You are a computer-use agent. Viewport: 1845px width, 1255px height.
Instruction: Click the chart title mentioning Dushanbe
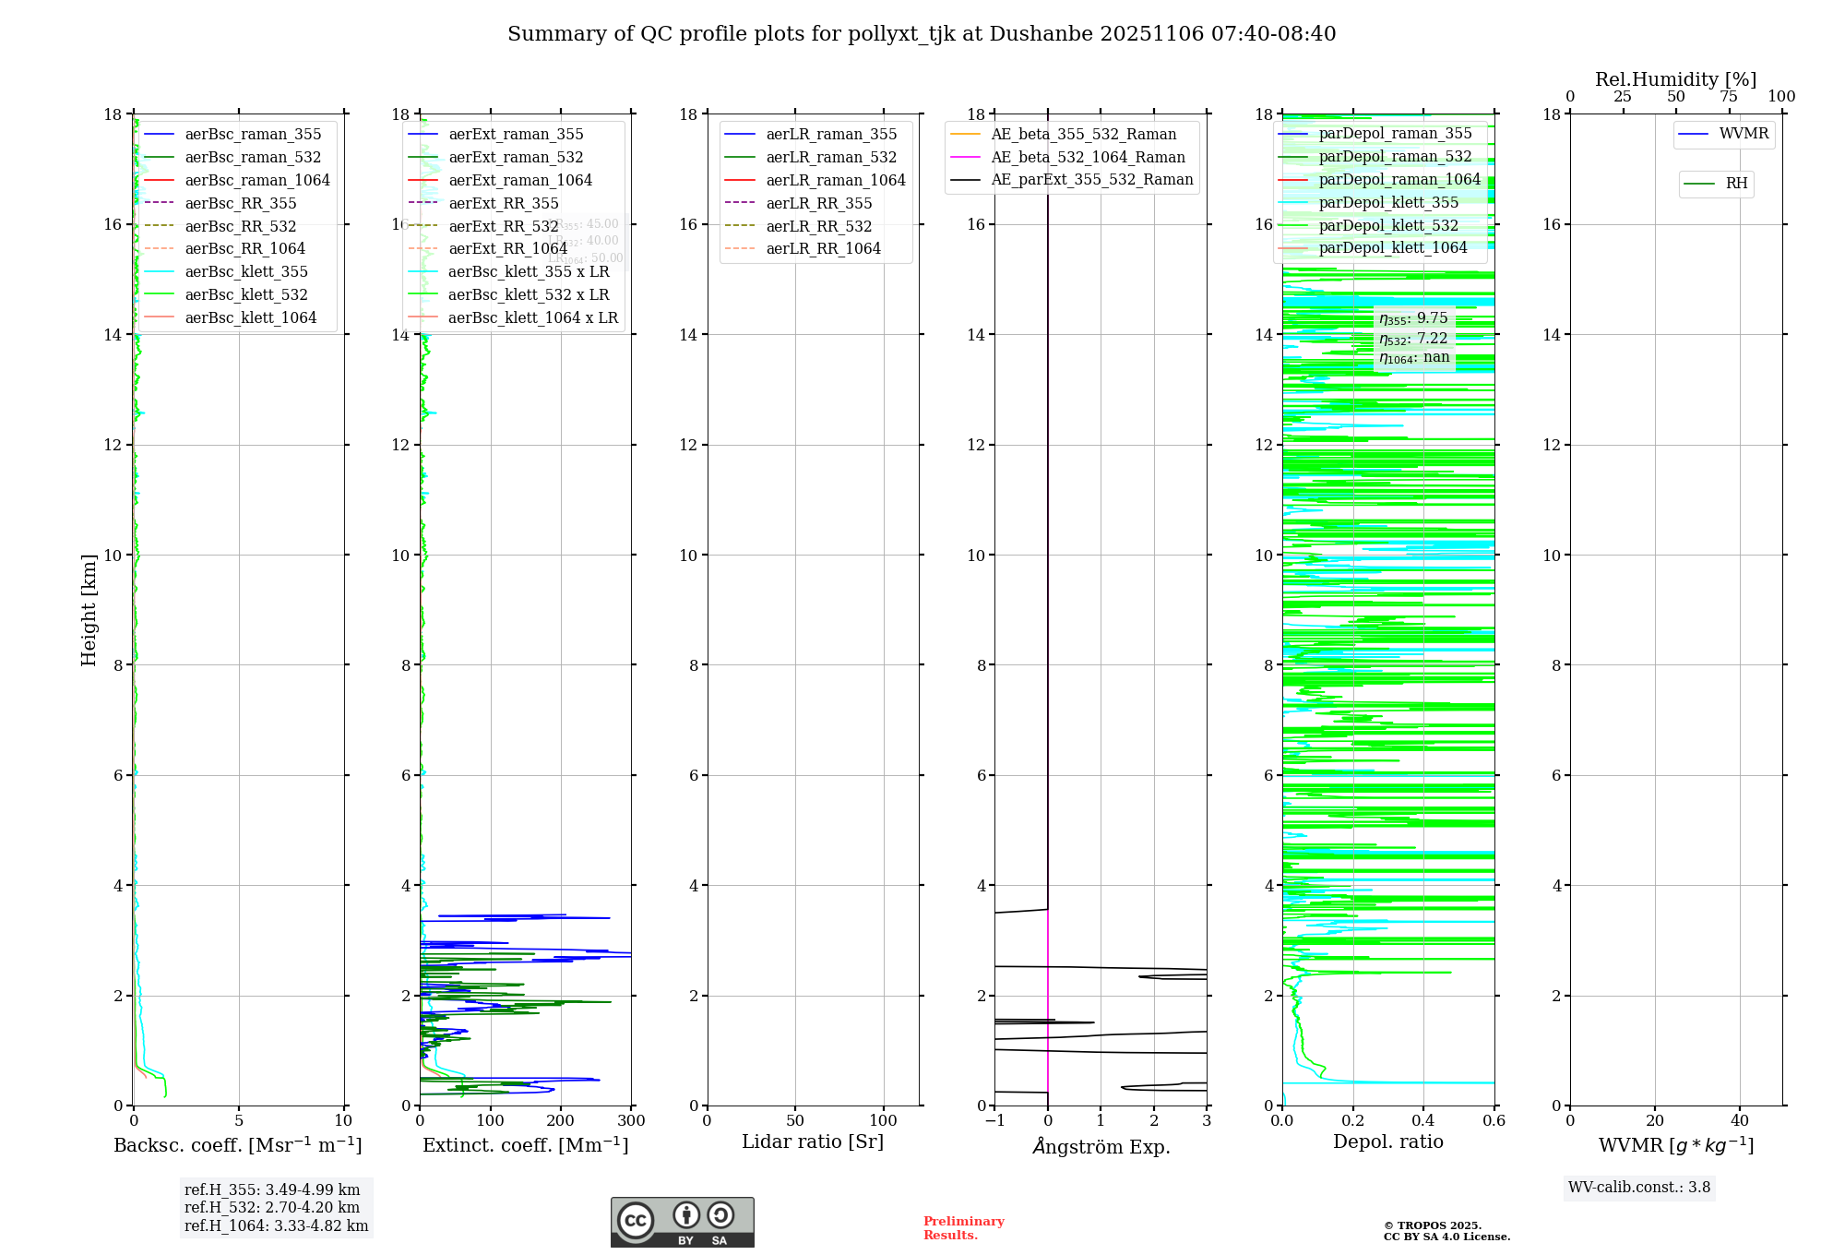coord(922,34)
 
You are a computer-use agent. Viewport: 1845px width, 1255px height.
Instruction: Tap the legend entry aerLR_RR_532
coord(818,226)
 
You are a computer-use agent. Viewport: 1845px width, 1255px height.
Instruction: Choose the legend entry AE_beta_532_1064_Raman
coord(1088,158)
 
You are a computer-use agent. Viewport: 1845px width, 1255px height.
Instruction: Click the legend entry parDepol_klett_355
coord(1388,203)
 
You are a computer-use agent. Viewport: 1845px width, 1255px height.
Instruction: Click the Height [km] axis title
coord(89,609)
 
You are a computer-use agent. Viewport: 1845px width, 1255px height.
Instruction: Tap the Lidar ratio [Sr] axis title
coord(813,1142)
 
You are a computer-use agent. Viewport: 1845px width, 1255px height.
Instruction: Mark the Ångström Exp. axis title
coord(1101,1147)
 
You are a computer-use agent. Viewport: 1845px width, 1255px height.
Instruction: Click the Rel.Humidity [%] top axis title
coord(1675,79)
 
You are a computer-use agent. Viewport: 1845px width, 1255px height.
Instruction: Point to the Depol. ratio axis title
coord(1387,1142)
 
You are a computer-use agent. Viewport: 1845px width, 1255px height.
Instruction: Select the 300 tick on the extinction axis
coord(632,1121)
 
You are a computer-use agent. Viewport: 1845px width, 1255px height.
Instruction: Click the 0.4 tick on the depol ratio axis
coord(1423,1121)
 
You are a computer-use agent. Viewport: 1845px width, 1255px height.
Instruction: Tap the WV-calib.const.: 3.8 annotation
coord(1639,1188)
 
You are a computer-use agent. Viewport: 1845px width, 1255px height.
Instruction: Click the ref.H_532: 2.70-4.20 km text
coord(272,1208)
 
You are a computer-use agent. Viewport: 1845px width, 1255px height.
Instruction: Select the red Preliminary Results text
coord(963,1228)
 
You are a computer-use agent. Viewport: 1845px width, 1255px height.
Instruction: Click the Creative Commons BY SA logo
coord(682,1222)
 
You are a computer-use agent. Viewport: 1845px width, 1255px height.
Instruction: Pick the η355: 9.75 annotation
coord(1413,319)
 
